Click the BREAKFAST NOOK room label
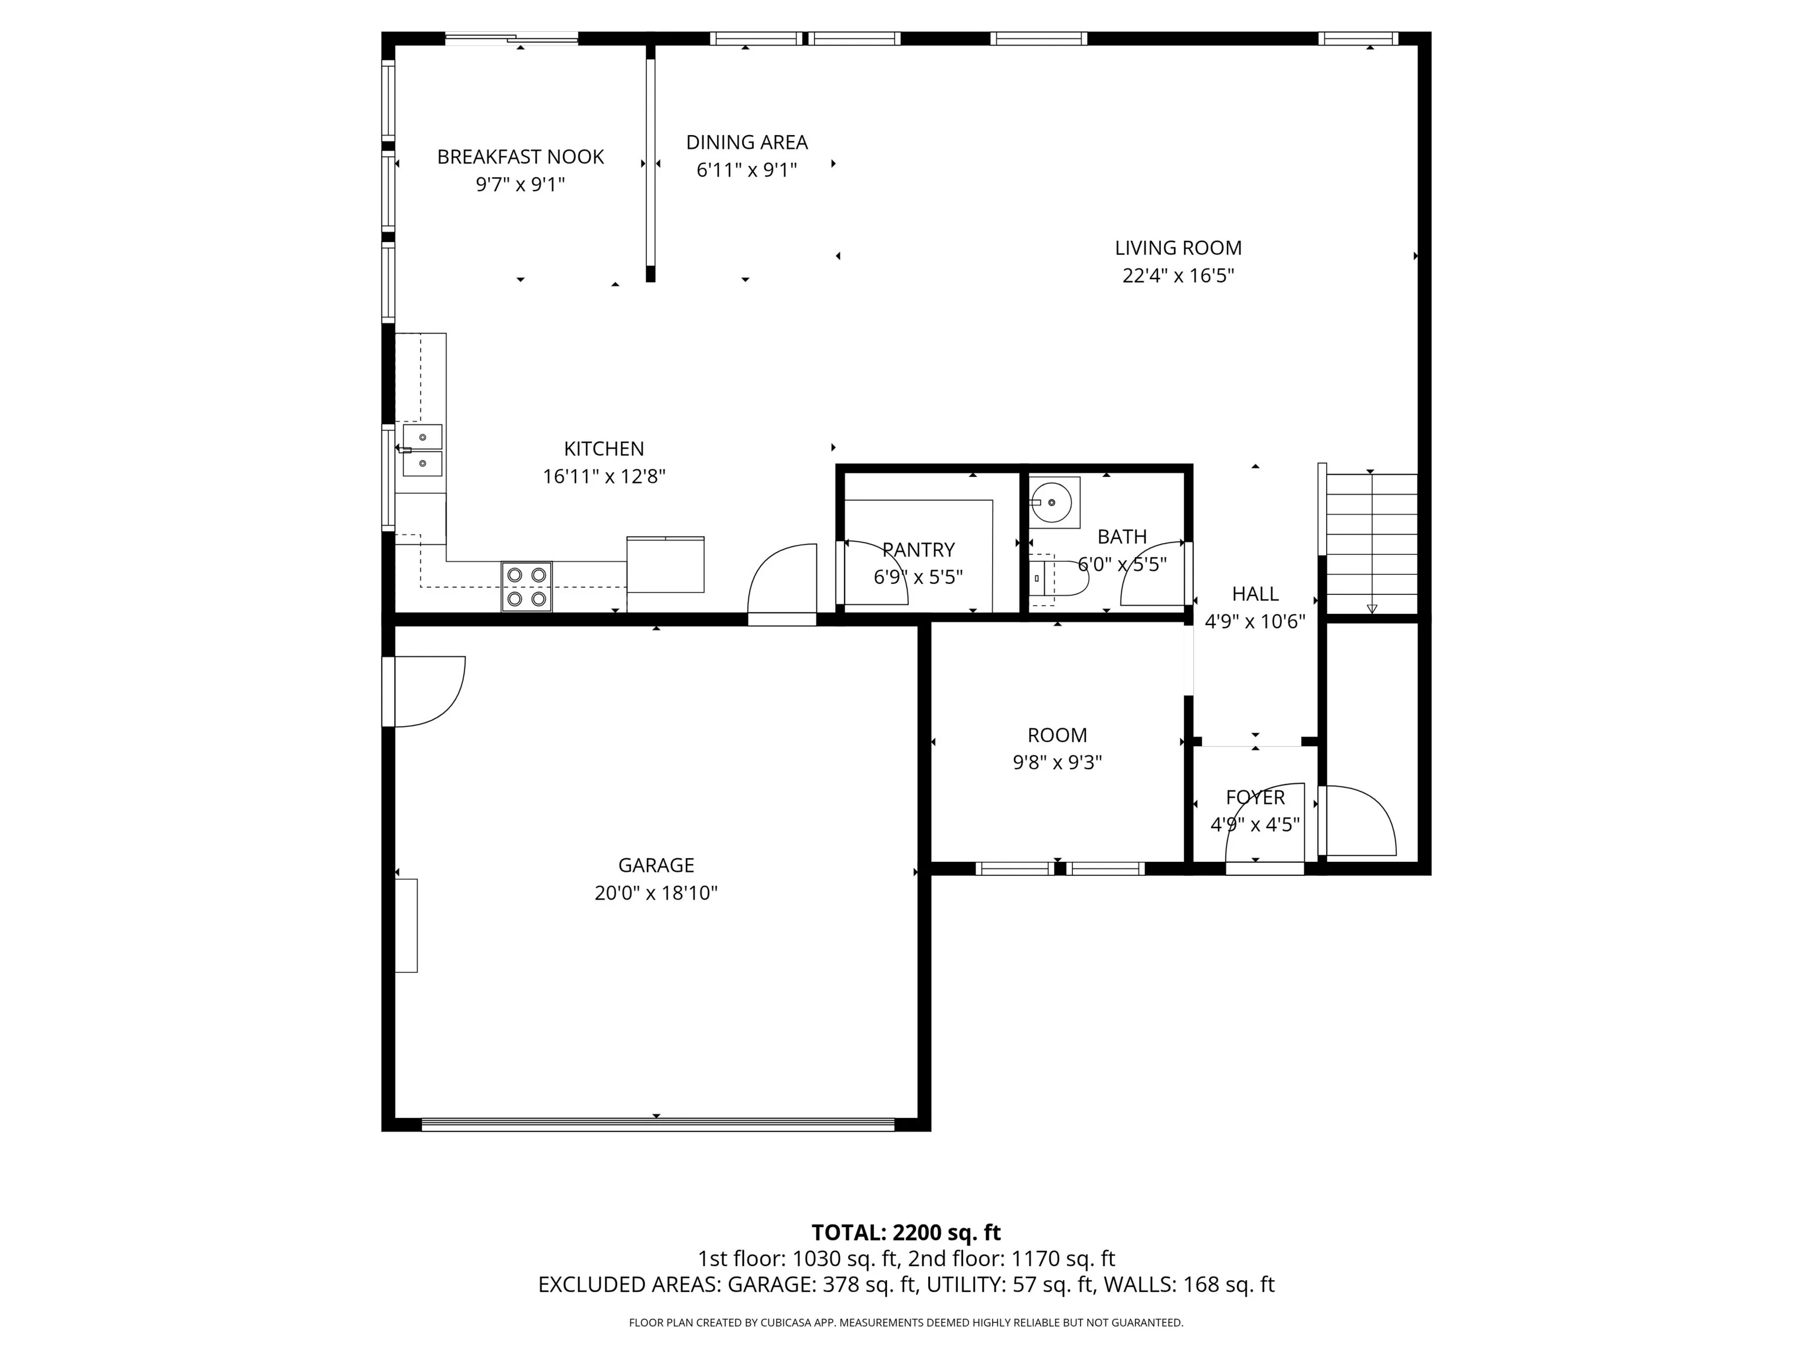click(x=521, y=156)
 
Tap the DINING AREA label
click(x=747, y=143)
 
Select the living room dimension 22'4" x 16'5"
click(x=1178, y=276)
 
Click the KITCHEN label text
click(x=604, y=449)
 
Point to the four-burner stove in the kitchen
click(x=526, y=586)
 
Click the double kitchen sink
click(x=422, y=450)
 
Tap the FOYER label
click(x=1255, y=797)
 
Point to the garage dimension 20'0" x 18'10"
click(x=656, y=892)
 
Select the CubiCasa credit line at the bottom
click(x=906, y=1322)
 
